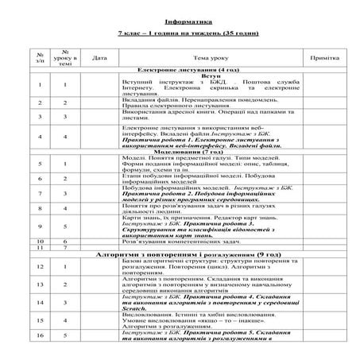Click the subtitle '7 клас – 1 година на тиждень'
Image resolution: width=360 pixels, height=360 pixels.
click(180, 36)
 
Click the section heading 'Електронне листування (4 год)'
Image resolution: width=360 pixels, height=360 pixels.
click(183, 70)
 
